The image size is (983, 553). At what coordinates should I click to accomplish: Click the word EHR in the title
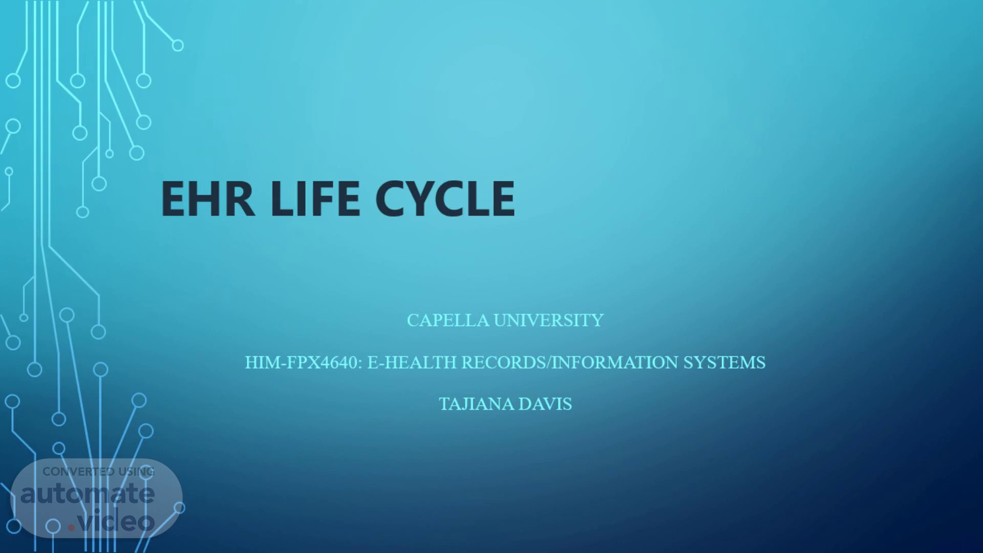[208, 199]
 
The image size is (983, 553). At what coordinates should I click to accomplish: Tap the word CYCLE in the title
[445, 199]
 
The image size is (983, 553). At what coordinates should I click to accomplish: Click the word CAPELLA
[448, 320]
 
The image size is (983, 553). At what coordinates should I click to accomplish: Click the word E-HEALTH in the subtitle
[412, 362]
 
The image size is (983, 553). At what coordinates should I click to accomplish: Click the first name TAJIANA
[476, 404]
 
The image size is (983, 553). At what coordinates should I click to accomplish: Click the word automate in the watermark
[88, 493]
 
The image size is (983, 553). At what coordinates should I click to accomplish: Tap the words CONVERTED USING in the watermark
[98, 472]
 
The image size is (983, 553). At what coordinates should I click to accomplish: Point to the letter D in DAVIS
[525, 404]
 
